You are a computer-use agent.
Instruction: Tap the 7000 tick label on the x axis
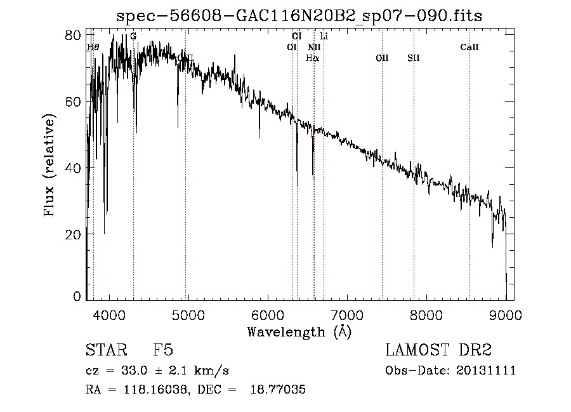(347, 315)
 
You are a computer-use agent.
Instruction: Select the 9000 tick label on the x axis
(506, 315)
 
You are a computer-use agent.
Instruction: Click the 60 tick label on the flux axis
(74, 102)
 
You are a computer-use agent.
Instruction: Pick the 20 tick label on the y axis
(74, 234)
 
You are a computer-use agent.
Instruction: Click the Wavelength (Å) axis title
(299, 331)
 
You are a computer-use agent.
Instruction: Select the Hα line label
(312, 58)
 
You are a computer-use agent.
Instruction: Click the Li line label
(324, 36)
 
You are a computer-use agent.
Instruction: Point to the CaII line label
(469, 47)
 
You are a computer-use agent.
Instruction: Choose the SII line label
(414, 58)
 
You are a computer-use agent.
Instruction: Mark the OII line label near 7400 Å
(382, 58)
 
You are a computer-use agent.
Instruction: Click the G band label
(133, 36)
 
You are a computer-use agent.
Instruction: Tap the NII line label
(314, 47)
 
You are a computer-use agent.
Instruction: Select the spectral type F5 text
(163, 350)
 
